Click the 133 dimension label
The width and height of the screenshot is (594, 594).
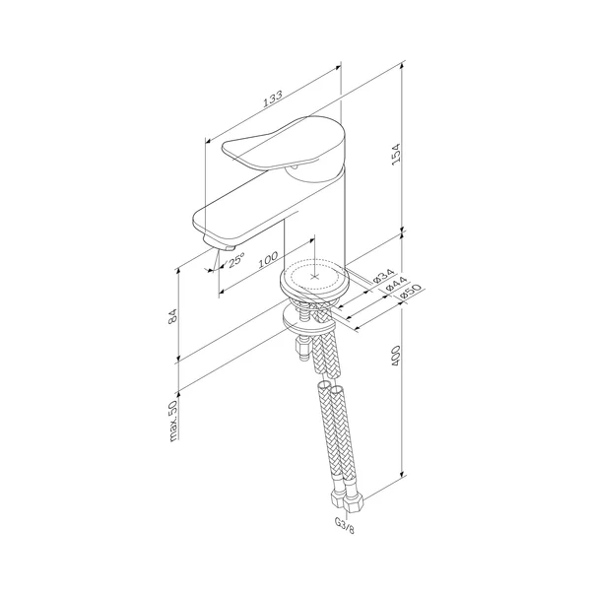tap(273, 99)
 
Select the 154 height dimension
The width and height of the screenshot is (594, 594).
tap(395, 154)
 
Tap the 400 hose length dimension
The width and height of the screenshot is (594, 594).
tap(395, 356)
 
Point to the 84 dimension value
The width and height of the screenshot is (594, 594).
tap(172, 315)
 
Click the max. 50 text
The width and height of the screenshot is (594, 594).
tap(173, 421)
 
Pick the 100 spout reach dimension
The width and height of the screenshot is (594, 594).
tap(268, 260)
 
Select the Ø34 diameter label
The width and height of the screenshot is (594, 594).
tap(384, 276)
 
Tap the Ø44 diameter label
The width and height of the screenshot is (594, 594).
tap(396, 284)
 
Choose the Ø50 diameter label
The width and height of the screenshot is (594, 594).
tap(410, 292)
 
